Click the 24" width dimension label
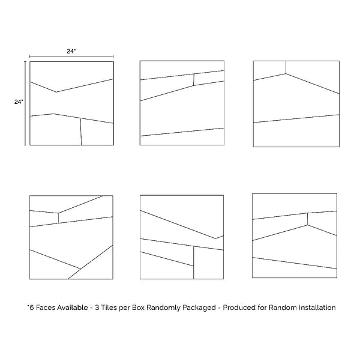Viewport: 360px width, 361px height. pyautogui.click(x=71, y=51)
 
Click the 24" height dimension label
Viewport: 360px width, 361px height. pyautogui.click(x=19, y=102)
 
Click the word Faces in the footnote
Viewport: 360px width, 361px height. pyautogui.click(x=46, y=308)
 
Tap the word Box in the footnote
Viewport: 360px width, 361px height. pyautogui.click(x=138, y=308)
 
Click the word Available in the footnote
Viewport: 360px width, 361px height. pyautogui.click(x=73, y=308)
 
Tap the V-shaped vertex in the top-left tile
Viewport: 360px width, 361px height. pyautogui.click(x=56, y=92)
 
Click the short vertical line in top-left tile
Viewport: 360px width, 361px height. pyautogui.click(x=81, y=132)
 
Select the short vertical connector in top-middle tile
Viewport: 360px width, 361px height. pyautogui.click(x=194, y=80)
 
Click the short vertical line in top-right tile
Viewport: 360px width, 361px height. pyautogui.click(x=286, y=67)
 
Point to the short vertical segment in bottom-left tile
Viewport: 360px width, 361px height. pyautogui.click(x=58, y=218)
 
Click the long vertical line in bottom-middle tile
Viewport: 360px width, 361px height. pyautogui.click(x=194, y=262)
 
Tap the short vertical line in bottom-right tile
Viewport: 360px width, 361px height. pyautogui.click(x=308, y=219)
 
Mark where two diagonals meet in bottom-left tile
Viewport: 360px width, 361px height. pyautogui.click(x=80, y=268)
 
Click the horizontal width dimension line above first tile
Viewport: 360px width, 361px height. pyautogui.click(x=71, y=56)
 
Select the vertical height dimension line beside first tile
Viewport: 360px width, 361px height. pyautogui.click(x=25, y=103)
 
